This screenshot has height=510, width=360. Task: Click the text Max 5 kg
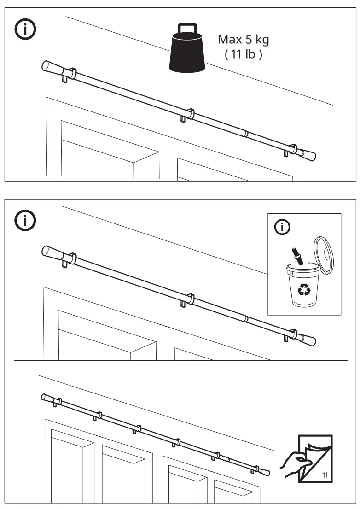[244, 39]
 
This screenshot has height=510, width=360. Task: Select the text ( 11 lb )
[244, 54]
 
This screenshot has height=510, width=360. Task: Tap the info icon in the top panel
[26, 29]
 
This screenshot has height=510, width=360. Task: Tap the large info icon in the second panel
[26, 221]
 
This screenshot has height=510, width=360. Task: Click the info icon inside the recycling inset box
[282, 227]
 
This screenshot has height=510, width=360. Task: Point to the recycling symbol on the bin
[304, 289]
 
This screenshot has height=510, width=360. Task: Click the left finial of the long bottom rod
[47, 398]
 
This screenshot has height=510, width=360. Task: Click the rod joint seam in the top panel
[246, 134]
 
